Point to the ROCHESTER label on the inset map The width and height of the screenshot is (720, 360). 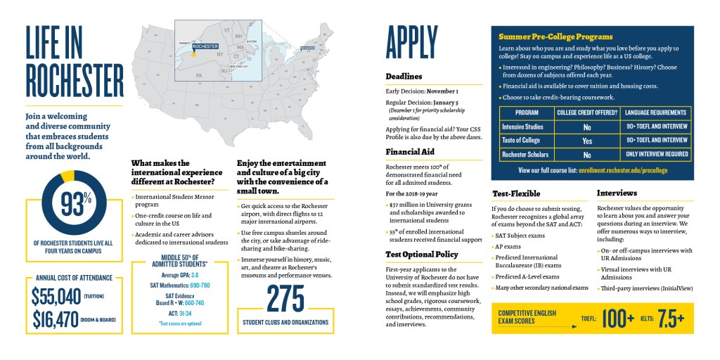[x=205, y=46]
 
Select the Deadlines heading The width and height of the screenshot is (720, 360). [x=404, y=76]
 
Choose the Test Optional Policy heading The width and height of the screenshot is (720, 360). [x=422, y=254]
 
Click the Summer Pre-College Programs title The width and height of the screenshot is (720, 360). [x=555, y=37]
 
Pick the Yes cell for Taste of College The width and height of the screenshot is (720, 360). [x=586, y=141]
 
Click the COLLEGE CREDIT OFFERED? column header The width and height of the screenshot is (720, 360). [x=586, y=112]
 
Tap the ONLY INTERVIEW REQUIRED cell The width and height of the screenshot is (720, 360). [x=655, y=154]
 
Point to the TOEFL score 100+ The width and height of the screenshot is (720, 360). [x=619, y=319]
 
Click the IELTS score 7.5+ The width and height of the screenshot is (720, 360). [x=671, y=319]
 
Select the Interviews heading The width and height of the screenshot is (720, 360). [x=617, y=192]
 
